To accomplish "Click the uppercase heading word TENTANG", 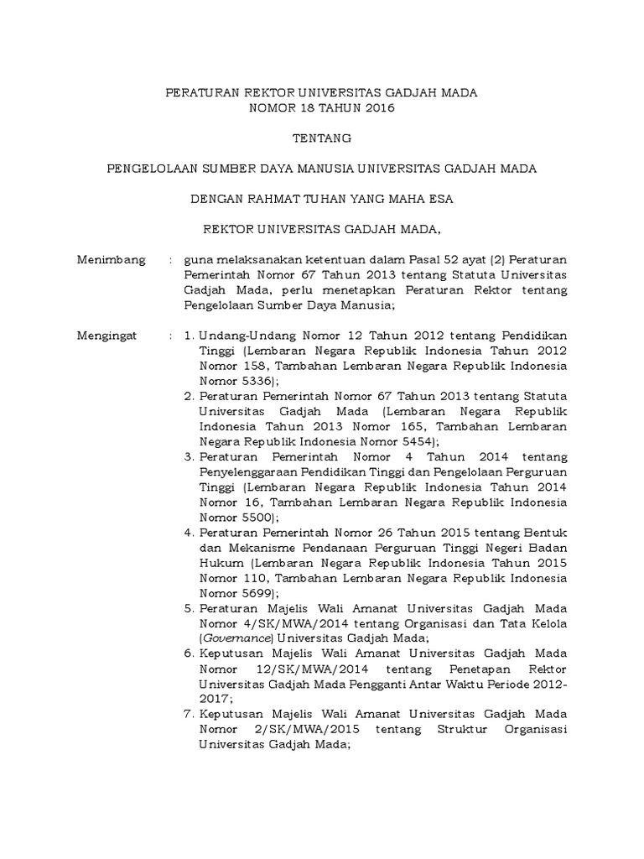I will (x=321, y=138).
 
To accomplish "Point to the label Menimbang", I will (x=111, y=259).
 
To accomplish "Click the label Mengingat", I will (x=109, y=335).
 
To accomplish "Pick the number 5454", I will (x=411, y=441).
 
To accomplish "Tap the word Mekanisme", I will (x=250, y=548).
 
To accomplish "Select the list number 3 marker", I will (x=189, y=457).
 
